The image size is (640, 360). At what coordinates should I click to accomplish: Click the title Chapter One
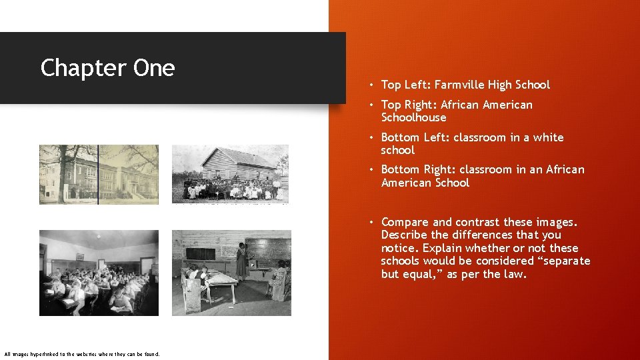pyautogui.click(x=107, y=68)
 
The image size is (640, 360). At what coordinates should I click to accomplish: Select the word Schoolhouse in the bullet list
pyautogui.click(x=413, y=117)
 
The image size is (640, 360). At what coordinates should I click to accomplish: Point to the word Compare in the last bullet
pyautogui.click(x=405, y=222)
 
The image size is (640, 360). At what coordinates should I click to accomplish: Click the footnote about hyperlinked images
pyautogui.click(x=82, y=353)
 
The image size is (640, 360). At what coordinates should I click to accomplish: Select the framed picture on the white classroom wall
pyautogui.click(x=79, y=257)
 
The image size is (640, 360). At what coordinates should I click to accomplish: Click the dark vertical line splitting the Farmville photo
pyautogui.click(x=98, y=173)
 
